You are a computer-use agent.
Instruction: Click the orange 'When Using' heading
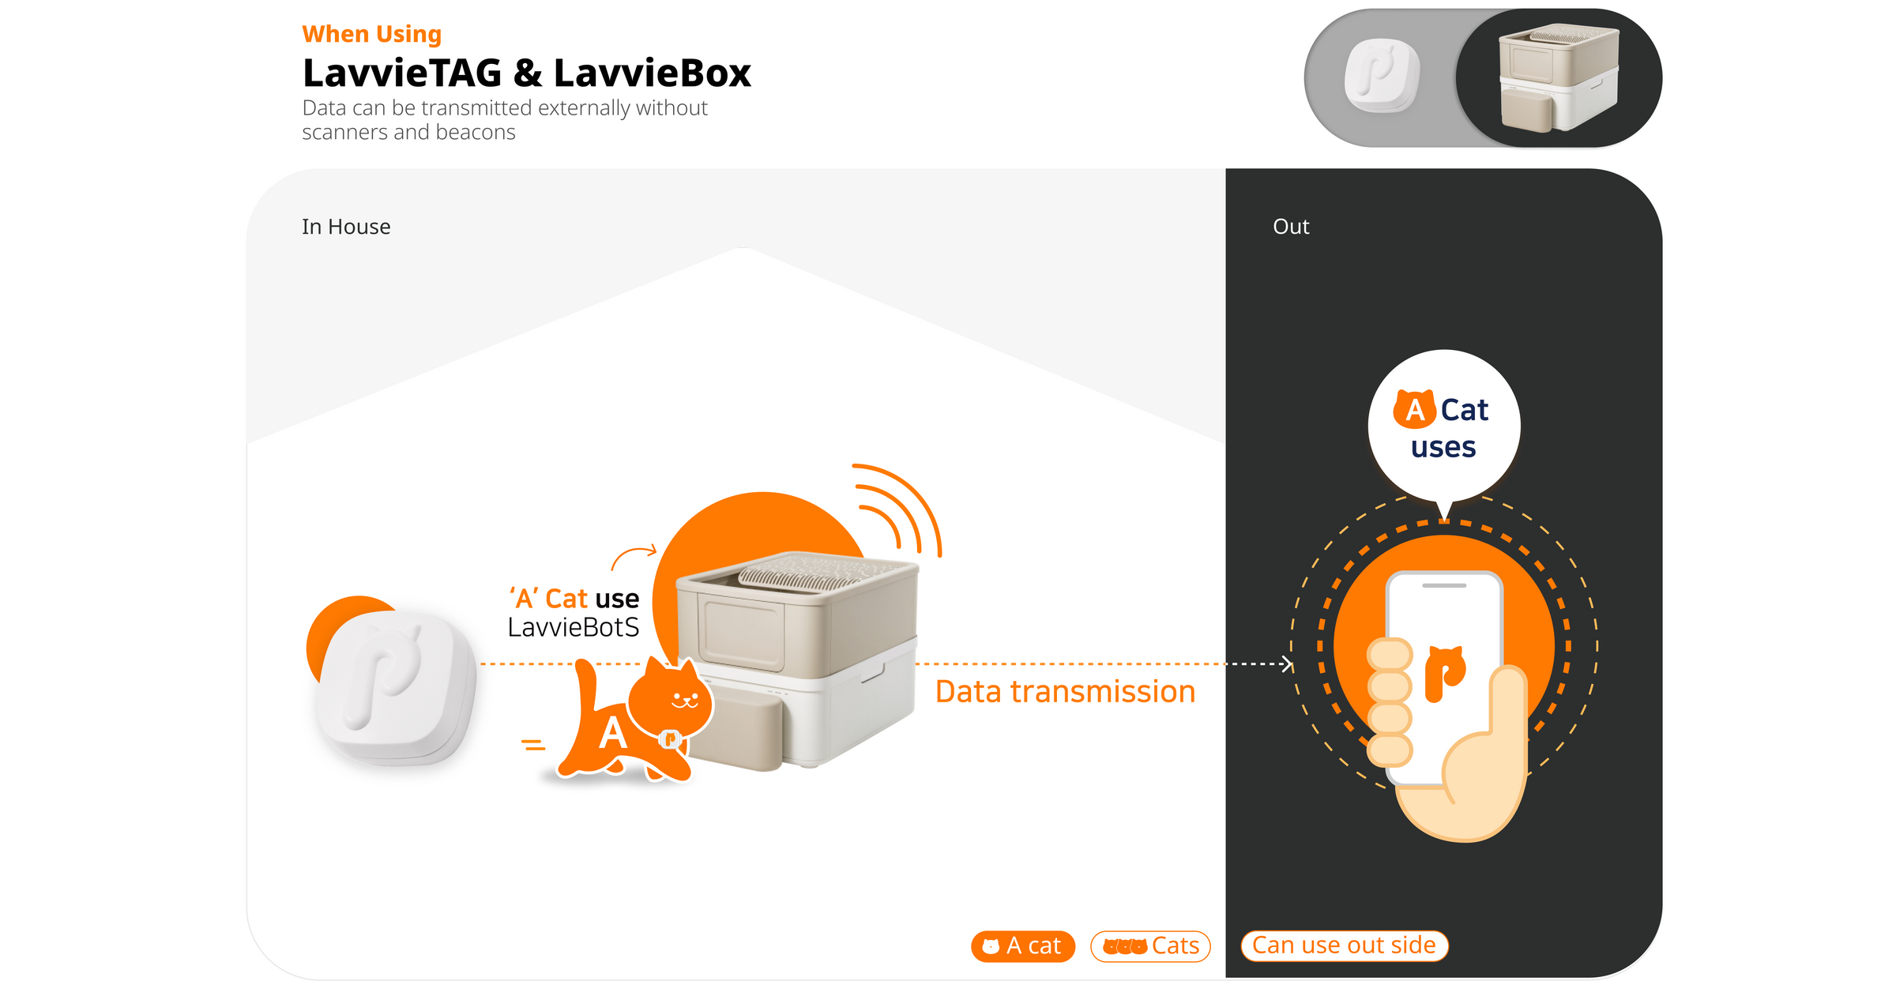point(371,35)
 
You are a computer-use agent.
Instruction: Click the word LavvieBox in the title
point(653,73)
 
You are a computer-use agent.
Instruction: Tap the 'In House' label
point(346,227)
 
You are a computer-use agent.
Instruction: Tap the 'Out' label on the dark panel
point(1291,227)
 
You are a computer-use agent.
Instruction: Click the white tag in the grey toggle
point(1382,76)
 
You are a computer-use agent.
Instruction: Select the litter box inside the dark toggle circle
point(1559,77)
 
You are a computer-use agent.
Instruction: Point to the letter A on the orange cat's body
point(612,733)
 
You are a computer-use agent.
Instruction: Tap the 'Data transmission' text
point(1065,692)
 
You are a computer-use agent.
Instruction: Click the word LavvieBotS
point(573,628)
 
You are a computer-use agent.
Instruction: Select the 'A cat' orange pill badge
point(1023,946)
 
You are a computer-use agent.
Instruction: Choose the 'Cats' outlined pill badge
point(1150,946)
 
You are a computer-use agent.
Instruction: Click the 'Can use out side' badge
point(1345,945)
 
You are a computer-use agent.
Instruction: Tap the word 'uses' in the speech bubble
point(1443,448)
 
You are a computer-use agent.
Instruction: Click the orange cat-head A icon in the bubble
point(1414,408)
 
